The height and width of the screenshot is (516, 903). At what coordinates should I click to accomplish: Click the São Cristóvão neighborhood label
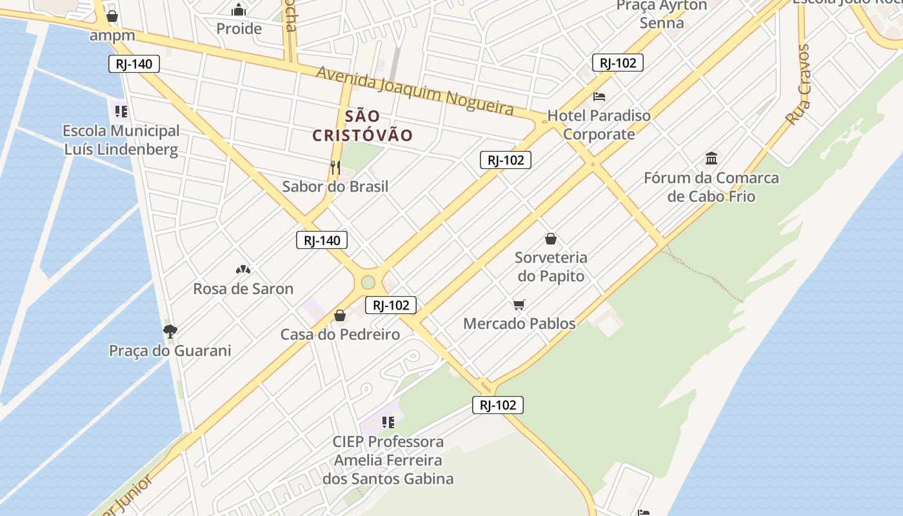point(362,126)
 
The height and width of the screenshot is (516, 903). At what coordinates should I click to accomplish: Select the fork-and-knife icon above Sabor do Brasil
point(335,168)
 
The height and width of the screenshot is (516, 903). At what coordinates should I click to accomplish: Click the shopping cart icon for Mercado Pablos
point(519,304)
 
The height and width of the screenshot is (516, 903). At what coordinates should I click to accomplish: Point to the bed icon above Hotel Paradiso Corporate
point(599,97)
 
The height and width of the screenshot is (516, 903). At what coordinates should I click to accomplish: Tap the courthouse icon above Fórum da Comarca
point(711,158)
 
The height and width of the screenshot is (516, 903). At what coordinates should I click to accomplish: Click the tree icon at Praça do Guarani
point(170,332)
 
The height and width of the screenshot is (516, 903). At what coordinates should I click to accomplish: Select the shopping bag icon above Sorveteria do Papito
point(551,239)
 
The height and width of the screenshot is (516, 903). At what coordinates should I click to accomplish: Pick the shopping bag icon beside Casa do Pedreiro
point(340,315)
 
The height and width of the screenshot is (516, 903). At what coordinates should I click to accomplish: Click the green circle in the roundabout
point(368,283)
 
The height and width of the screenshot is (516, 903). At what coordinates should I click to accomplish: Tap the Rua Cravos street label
point(797,84)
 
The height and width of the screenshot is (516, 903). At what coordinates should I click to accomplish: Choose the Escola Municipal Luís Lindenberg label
point(121,140)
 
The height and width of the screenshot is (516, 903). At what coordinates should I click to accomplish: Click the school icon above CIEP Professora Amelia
point(388,422)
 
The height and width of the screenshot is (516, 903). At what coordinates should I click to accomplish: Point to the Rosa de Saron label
point(243,288)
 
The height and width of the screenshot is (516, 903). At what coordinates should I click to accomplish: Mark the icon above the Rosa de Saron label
point(243,269)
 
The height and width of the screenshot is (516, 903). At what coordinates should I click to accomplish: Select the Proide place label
point(239,28)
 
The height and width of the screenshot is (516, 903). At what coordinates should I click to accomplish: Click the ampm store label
point(112,35)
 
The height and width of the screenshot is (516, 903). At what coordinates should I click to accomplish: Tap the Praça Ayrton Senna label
point(662,14)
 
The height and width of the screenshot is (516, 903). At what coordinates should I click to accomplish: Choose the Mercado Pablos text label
point(519,323)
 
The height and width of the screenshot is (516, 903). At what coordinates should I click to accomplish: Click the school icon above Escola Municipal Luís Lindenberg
point(121,112)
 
